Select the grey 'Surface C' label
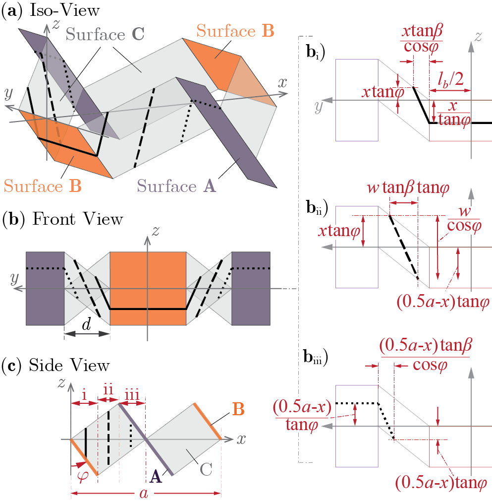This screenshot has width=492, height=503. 106,35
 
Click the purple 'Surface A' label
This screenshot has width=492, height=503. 176,187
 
